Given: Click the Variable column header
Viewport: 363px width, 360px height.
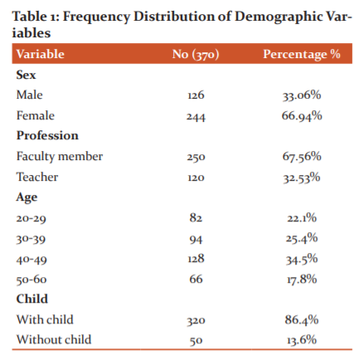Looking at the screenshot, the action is [41, 54].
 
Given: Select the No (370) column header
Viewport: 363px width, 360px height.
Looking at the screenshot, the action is [196, 54].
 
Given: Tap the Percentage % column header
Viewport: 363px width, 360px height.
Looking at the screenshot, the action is [302, 54].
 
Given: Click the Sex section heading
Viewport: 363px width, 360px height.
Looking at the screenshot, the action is [26, 75].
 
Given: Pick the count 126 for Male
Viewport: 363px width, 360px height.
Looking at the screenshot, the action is [196, 95].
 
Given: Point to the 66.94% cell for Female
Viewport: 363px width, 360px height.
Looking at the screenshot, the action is [302, 115].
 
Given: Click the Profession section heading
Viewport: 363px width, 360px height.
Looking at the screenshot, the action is [47, 136].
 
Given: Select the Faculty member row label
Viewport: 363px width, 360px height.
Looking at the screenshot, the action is [60, 157].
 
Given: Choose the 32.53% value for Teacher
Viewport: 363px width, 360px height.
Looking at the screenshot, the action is [302, 178].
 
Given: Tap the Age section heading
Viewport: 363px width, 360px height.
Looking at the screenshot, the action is [27, 197].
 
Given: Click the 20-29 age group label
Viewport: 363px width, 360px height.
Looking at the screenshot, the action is [31, 218].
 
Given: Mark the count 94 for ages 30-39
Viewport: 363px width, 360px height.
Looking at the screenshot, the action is [196, 239].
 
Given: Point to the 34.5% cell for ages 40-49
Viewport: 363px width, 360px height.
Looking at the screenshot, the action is [302, 260].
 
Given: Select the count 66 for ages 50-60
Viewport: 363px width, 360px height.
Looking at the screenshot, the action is [196, 279].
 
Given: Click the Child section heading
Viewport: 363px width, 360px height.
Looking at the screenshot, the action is [32, 299].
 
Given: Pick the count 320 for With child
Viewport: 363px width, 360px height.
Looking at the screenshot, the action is [196, 320].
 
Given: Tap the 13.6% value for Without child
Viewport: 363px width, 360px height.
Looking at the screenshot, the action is [302, 340].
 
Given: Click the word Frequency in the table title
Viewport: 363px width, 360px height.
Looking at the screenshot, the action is [96, 17].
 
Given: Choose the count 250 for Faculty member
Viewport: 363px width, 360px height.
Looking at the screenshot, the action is [196, 157].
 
